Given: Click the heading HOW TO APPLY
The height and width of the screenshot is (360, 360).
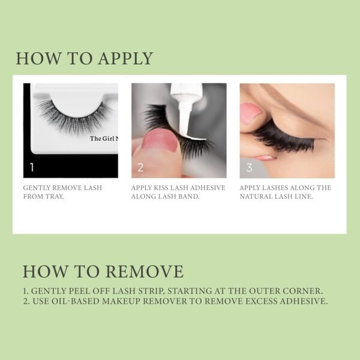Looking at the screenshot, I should [84, 59].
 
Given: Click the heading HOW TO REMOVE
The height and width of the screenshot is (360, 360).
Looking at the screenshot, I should [103, 271].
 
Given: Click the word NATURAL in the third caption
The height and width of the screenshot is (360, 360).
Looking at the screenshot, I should [260, 196].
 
